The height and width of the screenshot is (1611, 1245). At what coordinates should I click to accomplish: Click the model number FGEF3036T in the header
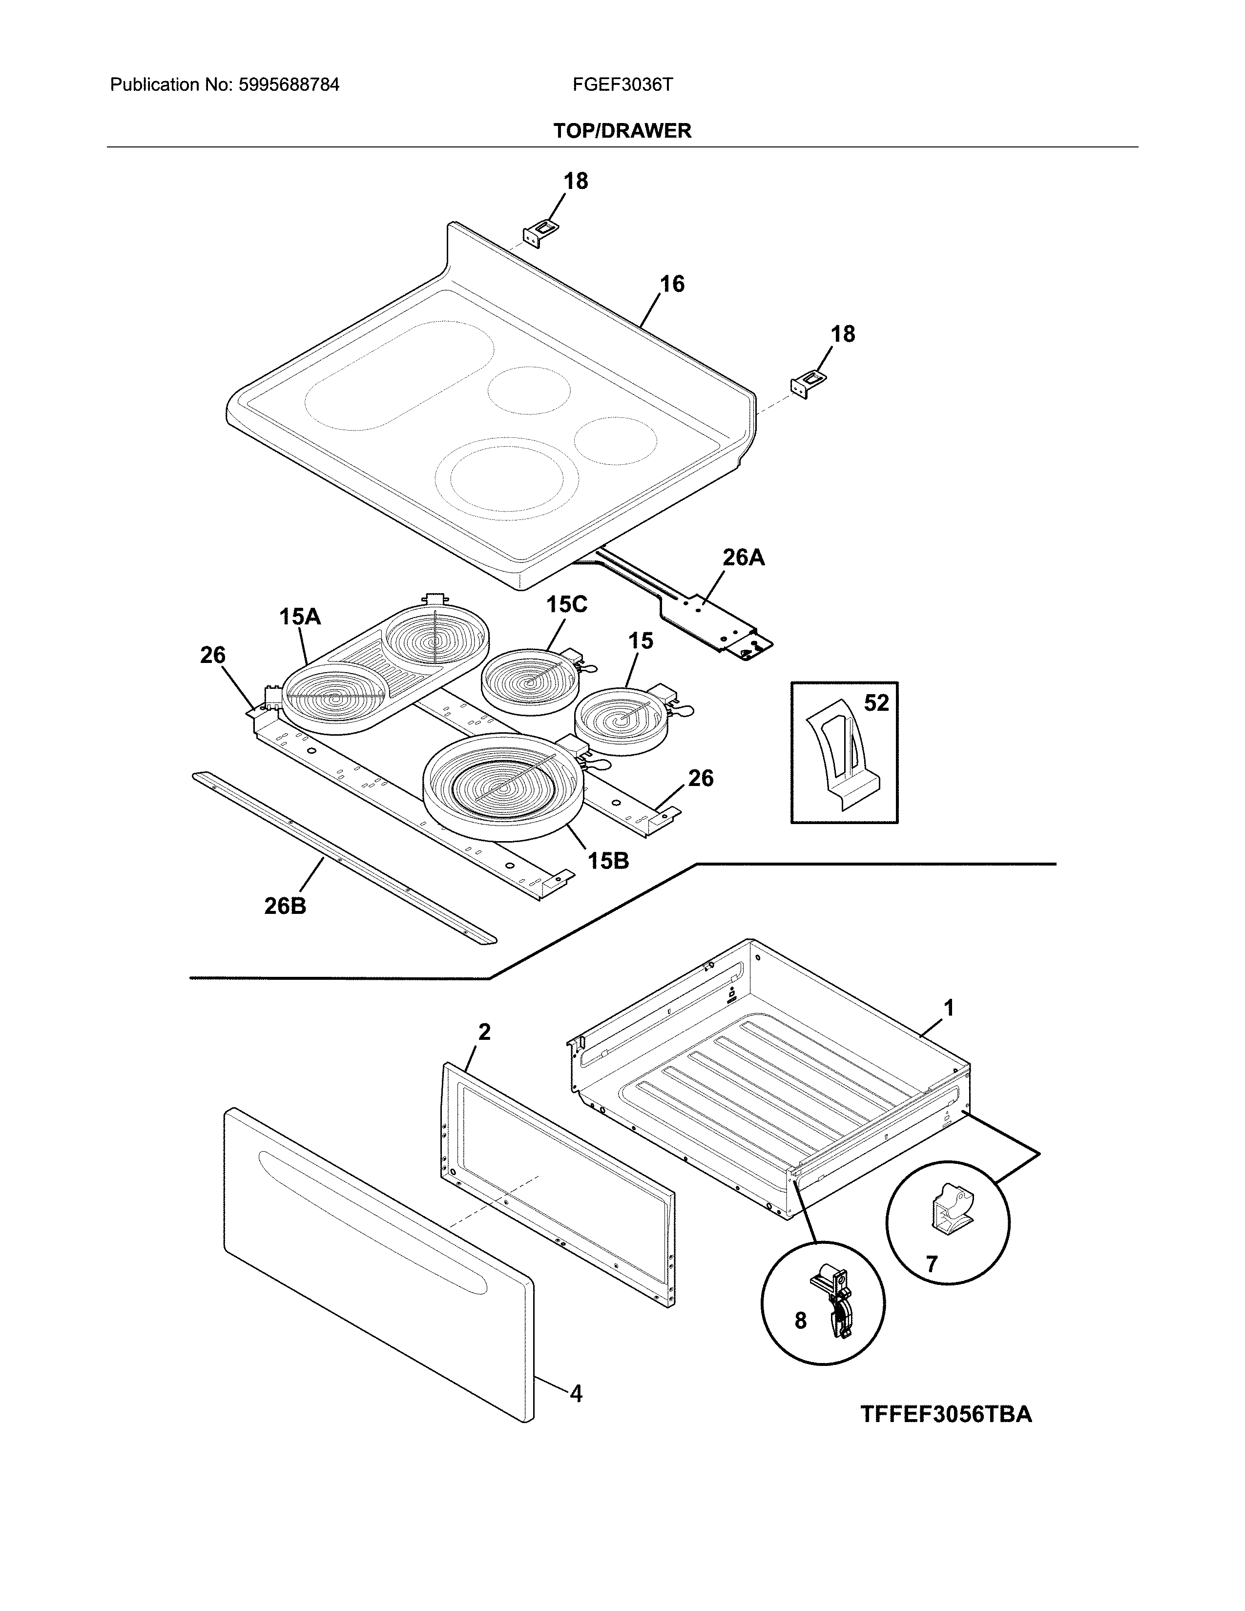pos(622,85)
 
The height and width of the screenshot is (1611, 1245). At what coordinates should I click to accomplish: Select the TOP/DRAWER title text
pos(622,131)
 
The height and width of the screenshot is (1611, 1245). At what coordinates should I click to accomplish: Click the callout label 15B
pos(608,860)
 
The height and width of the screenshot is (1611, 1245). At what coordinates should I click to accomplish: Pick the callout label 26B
pos(285,906)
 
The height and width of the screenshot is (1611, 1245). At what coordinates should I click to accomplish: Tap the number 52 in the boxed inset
pos(876,703)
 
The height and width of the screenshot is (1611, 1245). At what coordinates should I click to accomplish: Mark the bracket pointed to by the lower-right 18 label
pos(809,384)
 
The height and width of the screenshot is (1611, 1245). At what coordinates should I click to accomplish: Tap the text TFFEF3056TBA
pos(946,1414)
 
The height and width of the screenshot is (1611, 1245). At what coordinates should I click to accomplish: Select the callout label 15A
pos(299,617)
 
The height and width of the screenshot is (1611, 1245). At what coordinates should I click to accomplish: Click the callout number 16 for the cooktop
pos(671,284)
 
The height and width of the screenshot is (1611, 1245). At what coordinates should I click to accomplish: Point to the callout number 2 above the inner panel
pos(484,1032)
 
